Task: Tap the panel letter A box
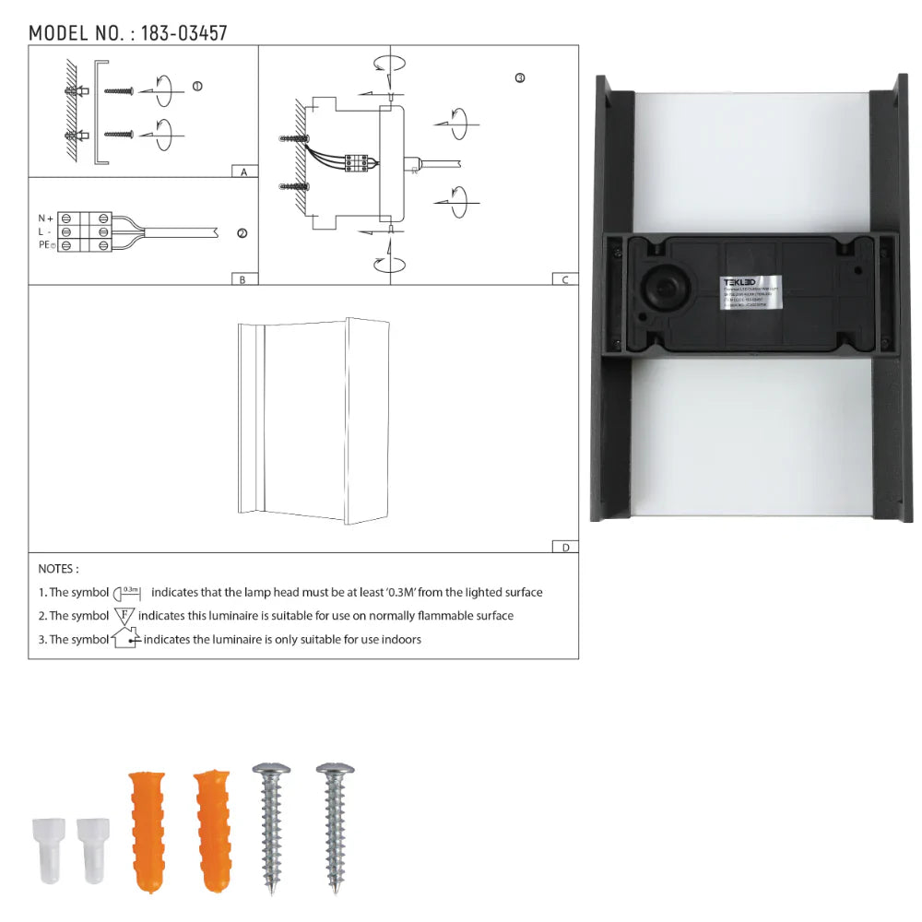[x=243, y=171]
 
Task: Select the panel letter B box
[x=242, y=279]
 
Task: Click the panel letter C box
[x=564, y=279]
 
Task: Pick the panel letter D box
[x=564, y=547]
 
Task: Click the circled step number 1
[x=196, y=86]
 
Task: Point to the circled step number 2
[x=242, y=233]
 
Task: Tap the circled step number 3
[x=520, y=78]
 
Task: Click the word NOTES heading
[x=58, y=569]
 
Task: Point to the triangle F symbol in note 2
[x=124, y=615]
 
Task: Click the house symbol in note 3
[x=124, y=638]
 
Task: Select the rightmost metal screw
[x=334, y=825]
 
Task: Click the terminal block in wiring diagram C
[x=357, y=162]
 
